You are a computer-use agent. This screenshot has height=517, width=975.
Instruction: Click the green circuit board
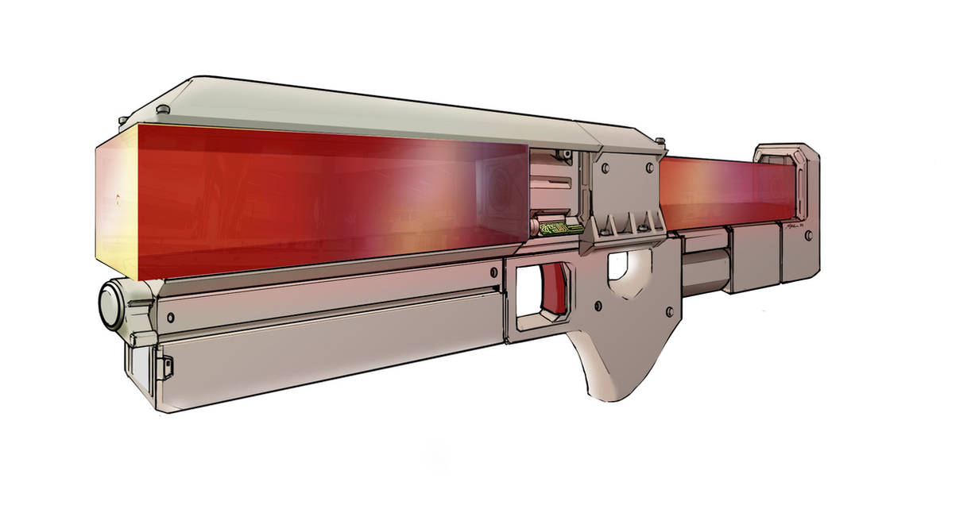(560, 229)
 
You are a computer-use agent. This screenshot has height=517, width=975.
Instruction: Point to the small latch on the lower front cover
(167, 367)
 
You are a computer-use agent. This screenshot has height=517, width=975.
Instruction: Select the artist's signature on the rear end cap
(791, 226)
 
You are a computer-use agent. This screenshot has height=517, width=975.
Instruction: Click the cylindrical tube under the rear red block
(704, 263)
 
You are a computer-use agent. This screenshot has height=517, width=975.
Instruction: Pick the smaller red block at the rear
(723, 191)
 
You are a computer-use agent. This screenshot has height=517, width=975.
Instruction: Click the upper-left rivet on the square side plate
(605, 168)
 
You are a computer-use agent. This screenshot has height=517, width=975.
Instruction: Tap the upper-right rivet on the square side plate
(649, 168)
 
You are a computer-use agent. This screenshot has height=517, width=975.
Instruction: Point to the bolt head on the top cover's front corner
(162, 109)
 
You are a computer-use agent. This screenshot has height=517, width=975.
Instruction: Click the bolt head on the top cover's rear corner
(659, 141)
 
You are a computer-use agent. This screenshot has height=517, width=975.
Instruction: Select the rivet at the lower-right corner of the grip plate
(668, 311)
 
